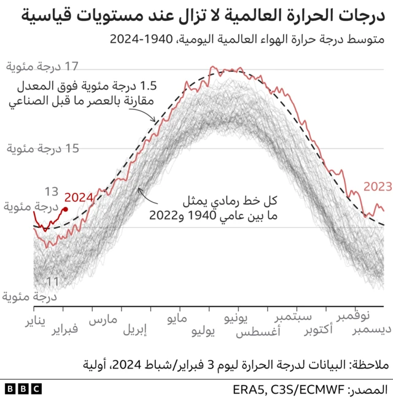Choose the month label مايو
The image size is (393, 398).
click(x=179, y=320)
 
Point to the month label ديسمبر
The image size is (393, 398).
click(x=368, y=330)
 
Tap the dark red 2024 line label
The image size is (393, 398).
click(x=79, y=197)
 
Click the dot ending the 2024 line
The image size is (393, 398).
click(x=65, y=209)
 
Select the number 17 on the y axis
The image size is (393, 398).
click(x=71, y=66)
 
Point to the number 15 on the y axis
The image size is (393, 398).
click(x=71, y=148)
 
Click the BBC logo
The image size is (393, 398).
click(x=23, y=389)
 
